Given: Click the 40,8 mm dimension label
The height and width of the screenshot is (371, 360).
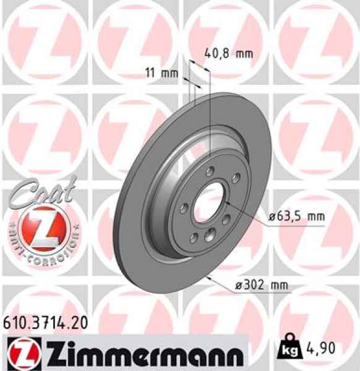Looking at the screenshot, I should (x=228, y=54).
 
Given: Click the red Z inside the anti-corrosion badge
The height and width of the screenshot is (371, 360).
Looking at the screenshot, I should (x=41, y=227).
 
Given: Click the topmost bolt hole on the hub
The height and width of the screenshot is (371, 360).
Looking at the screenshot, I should (x=210, y=170).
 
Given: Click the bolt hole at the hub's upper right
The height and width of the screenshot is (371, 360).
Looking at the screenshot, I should (x=236, y=179).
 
